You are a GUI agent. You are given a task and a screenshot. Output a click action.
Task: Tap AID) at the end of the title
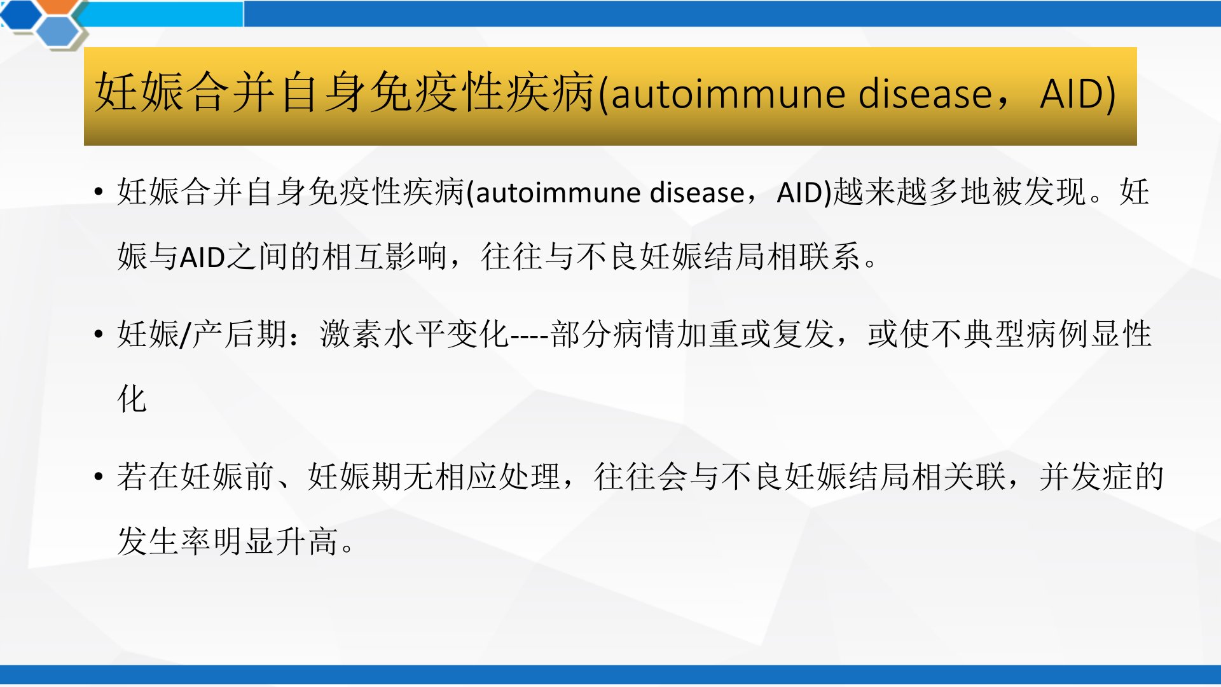pyautogui.click(x=1078, y=94)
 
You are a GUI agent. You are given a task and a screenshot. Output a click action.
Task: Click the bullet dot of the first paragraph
pyautogui.click(x=98, y=192)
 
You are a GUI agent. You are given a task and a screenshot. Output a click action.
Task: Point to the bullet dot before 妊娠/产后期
pyautogui.click(x=98, y=334)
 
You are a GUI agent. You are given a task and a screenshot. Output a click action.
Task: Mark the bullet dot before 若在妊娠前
pyautogui.click(x=98, y=476)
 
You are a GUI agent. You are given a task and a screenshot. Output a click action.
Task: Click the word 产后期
pyautogui.click(x=239, y=334)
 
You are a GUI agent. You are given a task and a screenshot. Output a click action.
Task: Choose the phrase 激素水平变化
pyautogui.click(x=415, y=334)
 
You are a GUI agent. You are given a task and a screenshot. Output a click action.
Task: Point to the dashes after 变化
pyautogui.click(x=530, y=335)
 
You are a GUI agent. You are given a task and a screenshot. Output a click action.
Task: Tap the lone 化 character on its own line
pyautogui.click(x=132, y=399)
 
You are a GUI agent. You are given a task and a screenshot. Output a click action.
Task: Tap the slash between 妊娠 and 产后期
pyautogui.click(x=186, y=335)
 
